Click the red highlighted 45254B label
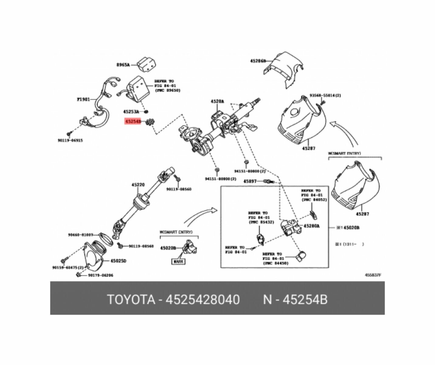133,122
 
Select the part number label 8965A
123,65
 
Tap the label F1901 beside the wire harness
83,99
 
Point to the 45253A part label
131,112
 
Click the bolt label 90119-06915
70,141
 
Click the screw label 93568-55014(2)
325,95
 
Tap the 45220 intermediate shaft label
138,185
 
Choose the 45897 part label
250,181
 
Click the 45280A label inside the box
312,226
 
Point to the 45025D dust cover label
118,261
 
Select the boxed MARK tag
178,261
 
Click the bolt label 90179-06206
100,275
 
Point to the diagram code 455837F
373,275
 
